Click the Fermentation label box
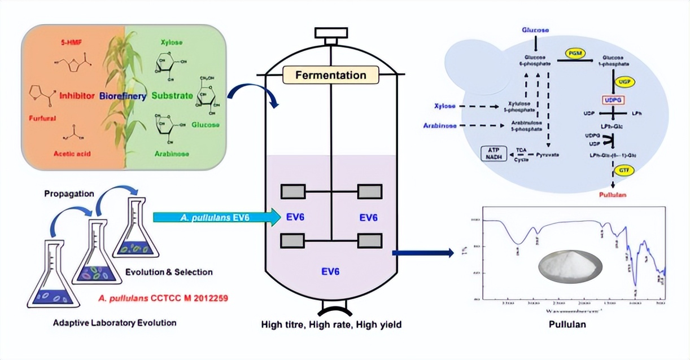click(331, 75)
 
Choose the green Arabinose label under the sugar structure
click(171, 153)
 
